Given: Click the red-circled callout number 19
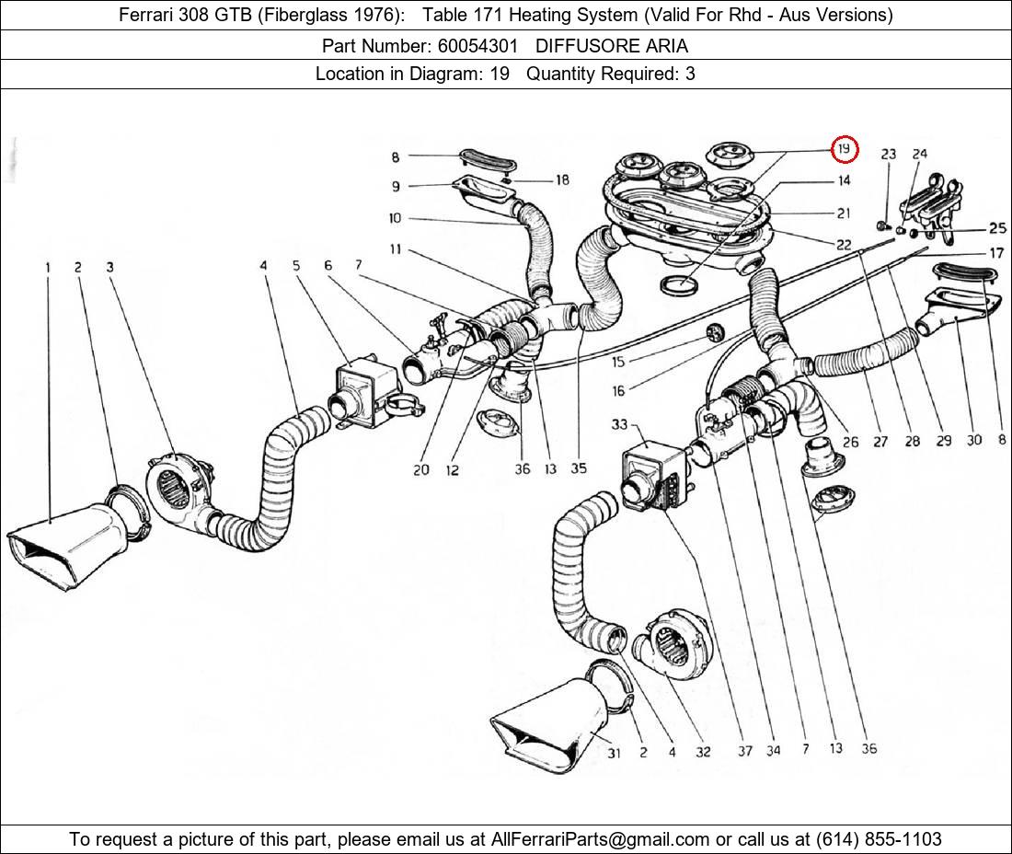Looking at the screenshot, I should [x=845, y=148].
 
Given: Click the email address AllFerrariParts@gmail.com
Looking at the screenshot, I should [x=601, y=838].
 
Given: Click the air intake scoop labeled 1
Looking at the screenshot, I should [x=64, y=543].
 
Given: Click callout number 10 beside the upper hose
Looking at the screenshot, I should [x=395, y=218].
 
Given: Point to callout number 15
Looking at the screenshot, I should [x=618, y=363].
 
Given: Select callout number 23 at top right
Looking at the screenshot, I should [x=888, y=154].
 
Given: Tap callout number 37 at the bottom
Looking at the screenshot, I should [x=744, y=751].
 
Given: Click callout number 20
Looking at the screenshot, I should [x=420, y=469].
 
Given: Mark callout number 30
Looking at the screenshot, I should [x=974, y=441].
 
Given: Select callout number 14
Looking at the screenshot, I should [x=844, y=180].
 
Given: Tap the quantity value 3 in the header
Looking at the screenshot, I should [x=690, y=74].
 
